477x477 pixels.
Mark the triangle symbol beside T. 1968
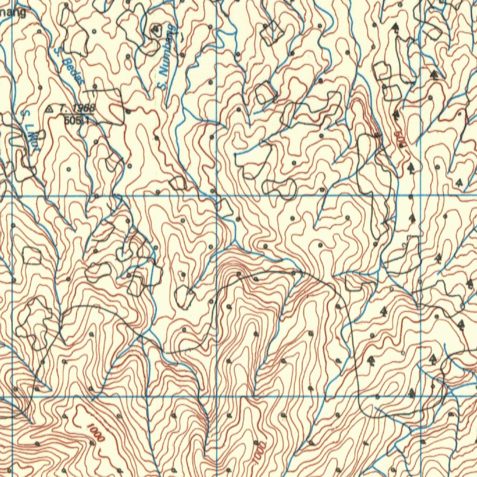point(50,109)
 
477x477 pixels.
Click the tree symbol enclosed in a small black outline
point(156,30)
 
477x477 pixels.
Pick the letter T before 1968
point(61,109)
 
